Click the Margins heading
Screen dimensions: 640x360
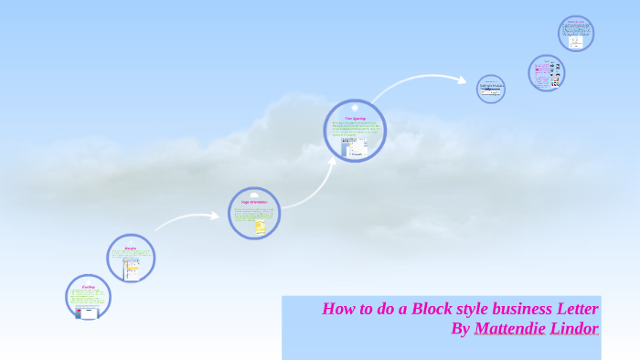(x=130, y=248)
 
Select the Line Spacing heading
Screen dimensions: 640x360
(x=355, y=118)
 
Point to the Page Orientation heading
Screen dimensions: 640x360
(x=253, y=202)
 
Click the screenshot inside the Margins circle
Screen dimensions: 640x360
(x=133, y=268)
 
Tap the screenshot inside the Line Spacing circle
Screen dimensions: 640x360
(x=355, y=146)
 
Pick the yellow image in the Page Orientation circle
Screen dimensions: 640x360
(x=260, y=226)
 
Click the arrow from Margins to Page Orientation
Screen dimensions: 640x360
(x=187, y=220)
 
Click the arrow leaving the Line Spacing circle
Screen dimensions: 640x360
(x=421, y=82)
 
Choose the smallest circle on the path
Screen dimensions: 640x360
(x=491, y=89)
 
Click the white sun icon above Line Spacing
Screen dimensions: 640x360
(x=355, y=107)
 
